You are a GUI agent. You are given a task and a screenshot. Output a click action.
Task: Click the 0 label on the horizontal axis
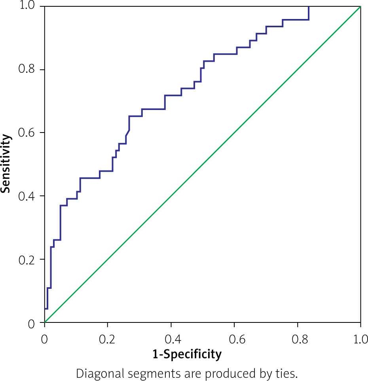(x=45, y=339)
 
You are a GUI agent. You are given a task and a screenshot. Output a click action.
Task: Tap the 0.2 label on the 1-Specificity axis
(x=108, y=339)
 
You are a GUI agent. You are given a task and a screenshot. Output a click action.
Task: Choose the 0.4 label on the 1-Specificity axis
(x=171, y=339)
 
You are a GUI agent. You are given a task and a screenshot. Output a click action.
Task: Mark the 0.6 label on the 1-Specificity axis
(x=234, y=339)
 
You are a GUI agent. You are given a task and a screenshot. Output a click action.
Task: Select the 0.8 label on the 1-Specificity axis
(x=298, y=339)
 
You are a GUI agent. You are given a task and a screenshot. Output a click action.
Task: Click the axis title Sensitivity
(x=6, y=163)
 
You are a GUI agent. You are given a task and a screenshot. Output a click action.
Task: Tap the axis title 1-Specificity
(x=187, y=354)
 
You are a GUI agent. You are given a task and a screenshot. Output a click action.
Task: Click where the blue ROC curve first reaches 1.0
(x=308, y=7)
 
